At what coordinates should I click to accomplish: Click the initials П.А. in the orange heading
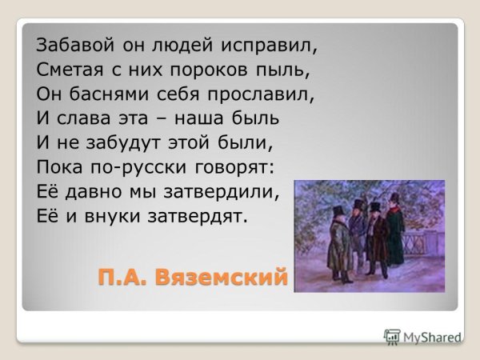tap(122, 278)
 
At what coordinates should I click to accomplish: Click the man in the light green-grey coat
tap(339, 248)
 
